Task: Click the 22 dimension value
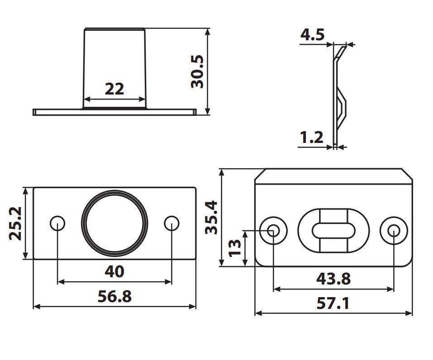114,89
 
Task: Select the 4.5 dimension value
313,35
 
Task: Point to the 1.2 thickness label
311,137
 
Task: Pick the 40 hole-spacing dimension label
114,271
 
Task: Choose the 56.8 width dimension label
114,297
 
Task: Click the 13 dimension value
235,248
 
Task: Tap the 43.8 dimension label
333,279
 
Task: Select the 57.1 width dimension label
333,303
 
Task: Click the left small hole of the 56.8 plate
57,223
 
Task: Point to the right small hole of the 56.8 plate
171,223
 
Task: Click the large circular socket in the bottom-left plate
114,223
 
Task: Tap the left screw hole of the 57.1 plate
273,230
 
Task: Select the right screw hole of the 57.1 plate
394,230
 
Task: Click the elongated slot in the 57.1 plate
333,230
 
